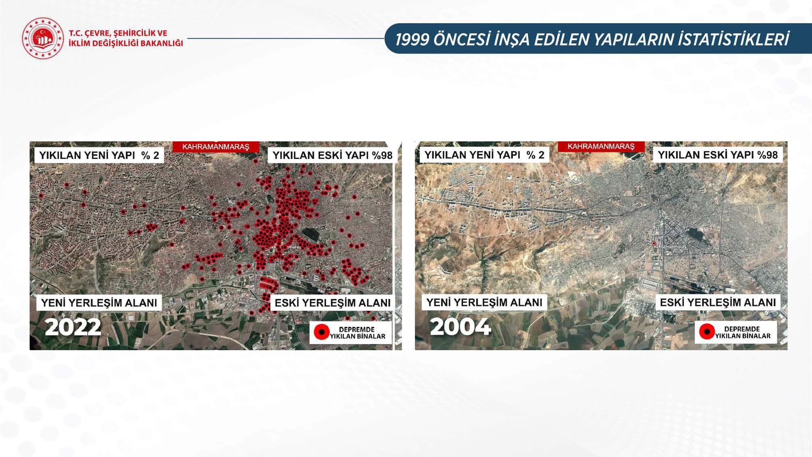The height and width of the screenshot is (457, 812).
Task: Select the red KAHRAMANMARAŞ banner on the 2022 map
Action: pos(216,147)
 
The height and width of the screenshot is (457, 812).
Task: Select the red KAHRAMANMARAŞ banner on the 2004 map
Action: pos(601,146)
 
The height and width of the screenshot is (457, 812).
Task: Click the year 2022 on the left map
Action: pos(73,327)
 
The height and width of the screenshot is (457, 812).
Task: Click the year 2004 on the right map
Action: pos(460,327)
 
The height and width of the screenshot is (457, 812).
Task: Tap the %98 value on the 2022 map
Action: pos(382,155)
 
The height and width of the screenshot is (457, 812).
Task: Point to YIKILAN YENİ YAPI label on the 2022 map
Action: pos(87,155)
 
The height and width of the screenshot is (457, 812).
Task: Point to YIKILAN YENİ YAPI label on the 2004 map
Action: pos(473,155)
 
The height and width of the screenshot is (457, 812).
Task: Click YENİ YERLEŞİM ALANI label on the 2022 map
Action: pos(99,303)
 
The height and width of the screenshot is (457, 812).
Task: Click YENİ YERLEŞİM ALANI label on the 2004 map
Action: pos(484,303)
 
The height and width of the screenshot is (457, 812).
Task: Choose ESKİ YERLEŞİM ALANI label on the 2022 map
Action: pos(333,303)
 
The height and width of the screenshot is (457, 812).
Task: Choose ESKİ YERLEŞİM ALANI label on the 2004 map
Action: pos(718,303)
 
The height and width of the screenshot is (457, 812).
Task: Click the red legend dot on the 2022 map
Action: pos(322,332)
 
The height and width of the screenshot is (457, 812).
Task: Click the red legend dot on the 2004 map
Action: pos(707,332)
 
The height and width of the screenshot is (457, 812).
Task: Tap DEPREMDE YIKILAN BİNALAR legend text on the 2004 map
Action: pos(743,332)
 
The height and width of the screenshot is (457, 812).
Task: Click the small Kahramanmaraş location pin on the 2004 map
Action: pos(654,243)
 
